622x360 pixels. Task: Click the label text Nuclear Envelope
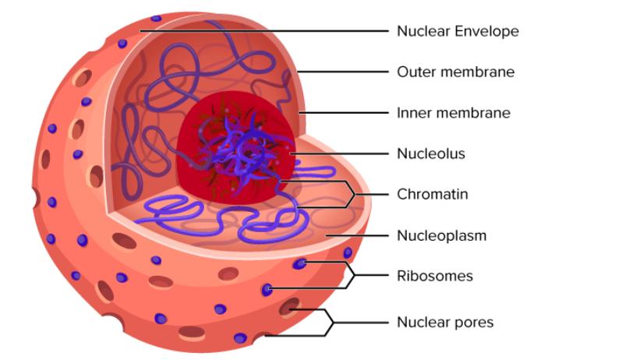tap(458, 31)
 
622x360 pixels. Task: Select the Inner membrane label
tap(454, 113)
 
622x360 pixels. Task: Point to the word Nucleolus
tap(430, 154)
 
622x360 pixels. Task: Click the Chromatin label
tap(432, 194)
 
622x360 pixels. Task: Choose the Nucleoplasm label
tap(441, 235)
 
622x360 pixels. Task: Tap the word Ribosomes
tap(434, 276)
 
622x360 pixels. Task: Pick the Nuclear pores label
tap(444, 322)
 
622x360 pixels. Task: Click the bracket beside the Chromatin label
tap(351, 194)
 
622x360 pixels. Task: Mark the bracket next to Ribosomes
tap(351, 275)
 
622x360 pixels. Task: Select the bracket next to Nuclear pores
tap(330, 322)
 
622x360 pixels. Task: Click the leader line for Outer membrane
tap(343, 72)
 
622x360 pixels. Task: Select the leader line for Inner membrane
tap(343, 113)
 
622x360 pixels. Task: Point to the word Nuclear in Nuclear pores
tap(420, 322)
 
